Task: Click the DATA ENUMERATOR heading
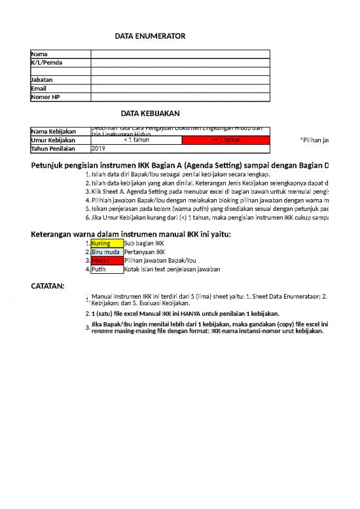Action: point(150,36)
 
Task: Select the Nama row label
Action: point(39,54)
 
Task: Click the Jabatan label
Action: point(43,80)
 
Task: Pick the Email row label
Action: point(39,88)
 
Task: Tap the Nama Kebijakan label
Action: point(54,132)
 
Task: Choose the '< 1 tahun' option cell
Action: point(136,140)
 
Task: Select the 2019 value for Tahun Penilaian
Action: point(98,149)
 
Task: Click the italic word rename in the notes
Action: point(102,331)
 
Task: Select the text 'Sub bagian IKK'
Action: point(145,244)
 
